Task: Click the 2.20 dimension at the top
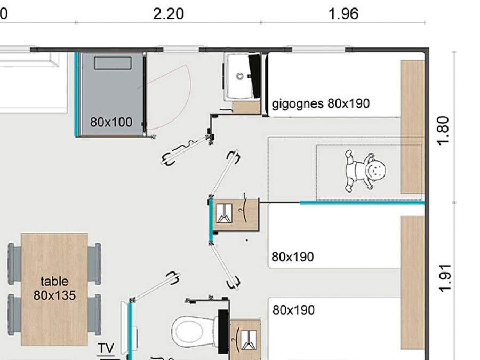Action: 168,14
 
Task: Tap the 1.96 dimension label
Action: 343,14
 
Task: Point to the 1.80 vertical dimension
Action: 444,130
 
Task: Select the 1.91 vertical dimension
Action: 444,278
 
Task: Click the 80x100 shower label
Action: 111,122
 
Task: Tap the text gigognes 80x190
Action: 321,104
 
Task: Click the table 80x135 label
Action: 54,289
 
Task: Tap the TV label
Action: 106,348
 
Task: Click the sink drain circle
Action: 240,76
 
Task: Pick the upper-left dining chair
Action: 14,264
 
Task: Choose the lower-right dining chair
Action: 94,314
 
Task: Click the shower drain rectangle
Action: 113,63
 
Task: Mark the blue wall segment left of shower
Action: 76,94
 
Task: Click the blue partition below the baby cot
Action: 363,203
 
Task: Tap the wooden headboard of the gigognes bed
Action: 412,127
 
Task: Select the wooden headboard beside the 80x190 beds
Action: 412,283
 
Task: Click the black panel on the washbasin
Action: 255,76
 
